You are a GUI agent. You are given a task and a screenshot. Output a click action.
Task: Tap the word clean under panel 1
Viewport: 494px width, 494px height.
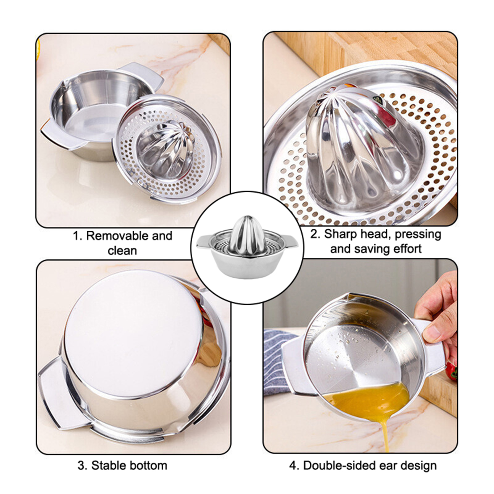(x=122, y=250)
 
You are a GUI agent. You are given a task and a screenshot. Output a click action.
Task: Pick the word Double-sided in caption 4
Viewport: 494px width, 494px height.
(x=337, y=465)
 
